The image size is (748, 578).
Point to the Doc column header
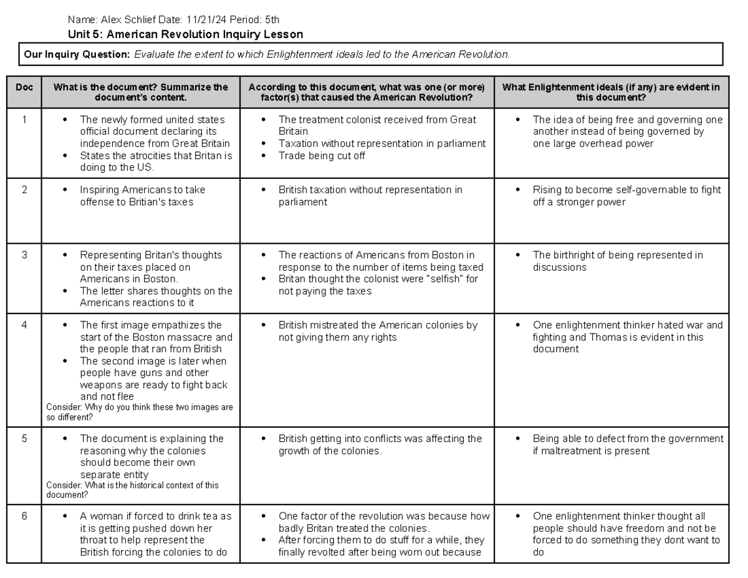24,88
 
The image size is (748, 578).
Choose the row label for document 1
24,119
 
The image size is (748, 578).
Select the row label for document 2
24,190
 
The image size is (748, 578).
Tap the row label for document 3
24,255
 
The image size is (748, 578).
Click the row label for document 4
24,325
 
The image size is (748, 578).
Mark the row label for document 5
24,439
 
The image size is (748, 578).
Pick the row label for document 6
24,516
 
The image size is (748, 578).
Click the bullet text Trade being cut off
322,156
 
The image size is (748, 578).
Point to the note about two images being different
140,412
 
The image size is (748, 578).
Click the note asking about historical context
133,489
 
